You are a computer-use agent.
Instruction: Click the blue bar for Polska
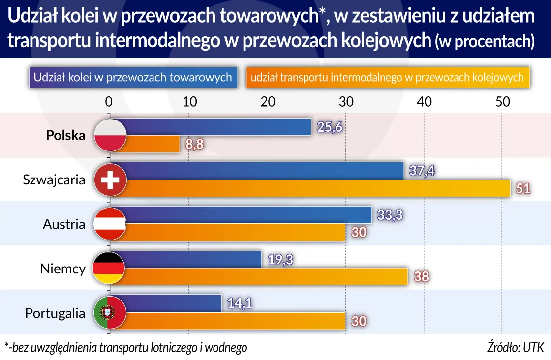pos(216,127)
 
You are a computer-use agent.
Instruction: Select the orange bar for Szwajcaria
pos(315,188)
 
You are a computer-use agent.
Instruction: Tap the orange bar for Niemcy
pos(266,277)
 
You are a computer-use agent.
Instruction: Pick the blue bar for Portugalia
pos(172,303)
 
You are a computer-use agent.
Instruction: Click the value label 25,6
pos(328,127)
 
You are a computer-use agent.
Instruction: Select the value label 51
pos(522,189)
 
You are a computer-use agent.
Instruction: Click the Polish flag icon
pos(110,136)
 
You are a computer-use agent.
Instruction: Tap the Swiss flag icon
pos(110,180)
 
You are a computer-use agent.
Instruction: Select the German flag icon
pos(110,269)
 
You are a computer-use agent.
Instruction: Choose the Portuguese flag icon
pos(110,312)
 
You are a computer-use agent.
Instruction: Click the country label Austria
pos(64,224)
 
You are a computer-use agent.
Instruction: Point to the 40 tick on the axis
pos(424,102)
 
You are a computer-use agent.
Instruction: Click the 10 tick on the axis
pos(189,102)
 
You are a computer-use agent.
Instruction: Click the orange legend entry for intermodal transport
pos(388,77)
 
